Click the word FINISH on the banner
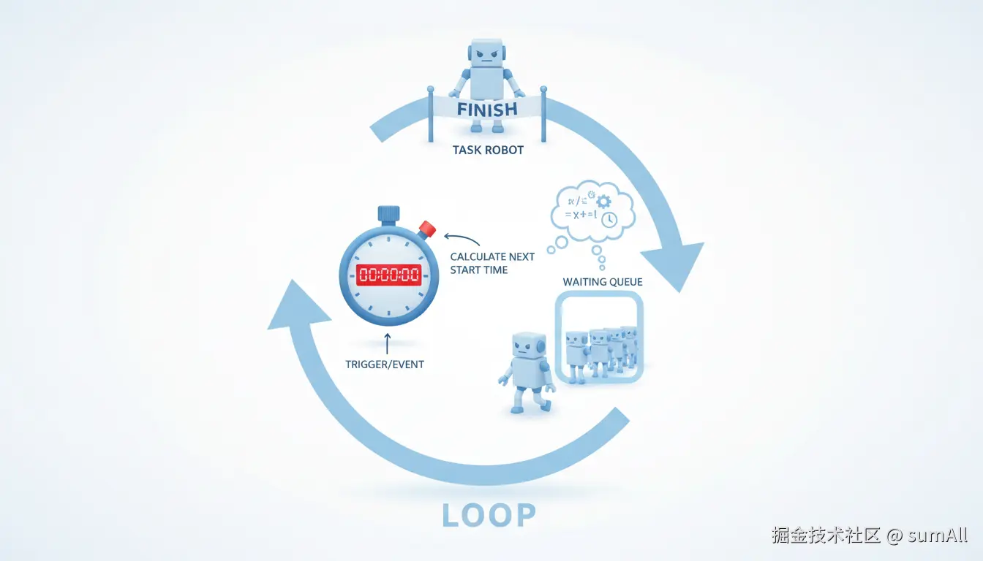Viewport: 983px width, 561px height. (486, 110)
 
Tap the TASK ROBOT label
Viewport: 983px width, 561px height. (487, 150)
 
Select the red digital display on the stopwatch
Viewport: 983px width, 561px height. (388, 275)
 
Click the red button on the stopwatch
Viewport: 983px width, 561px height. (427, 229)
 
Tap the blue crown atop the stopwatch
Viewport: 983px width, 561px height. (388, 213)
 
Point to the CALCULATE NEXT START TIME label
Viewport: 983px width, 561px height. (492, 263)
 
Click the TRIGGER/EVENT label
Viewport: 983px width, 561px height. (385, 364)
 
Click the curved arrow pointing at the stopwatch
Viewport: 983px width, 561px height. (461, 239)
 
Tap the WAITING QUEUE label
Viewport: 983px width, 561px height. (603, 282)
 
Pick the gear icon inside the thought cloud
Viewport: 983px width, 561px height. (603, 201)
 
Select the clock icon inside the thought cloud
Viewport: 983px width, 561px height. (609, 218)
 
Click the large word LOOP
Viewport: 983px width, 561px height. (489, 516)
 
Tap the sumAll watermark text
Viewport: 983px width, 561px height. (937, 535)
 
